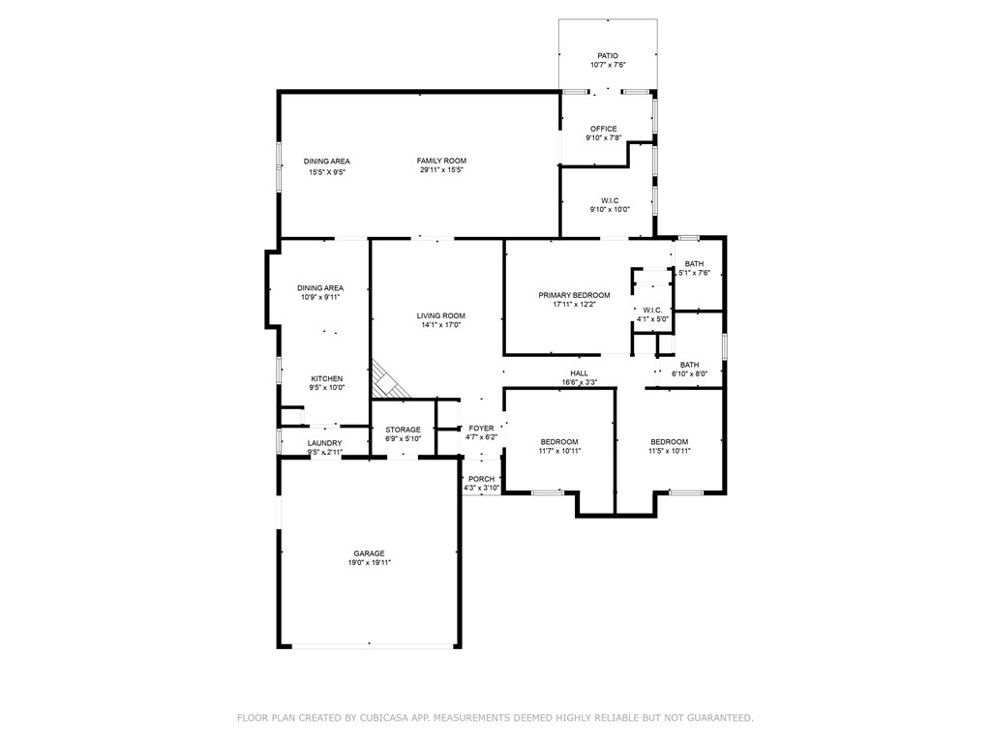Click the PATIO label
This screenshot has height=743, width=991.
[608, 55]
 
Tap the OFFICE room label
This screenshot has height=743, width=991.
[604, 129]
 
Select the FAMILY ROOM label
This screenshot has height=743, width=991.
[441, 162]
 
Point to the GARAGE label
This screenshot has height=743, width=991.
[369, 554]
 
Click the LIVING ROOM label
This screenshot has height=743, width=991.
[440, 316]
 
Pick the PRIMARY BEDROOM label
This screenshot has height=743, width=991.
[574, 295]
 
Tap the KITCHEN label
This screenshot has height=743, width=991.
[327, 379]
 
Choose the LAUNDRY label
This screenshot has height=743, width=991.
[325, 443]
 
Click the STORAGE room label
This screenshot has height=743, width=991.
[404, 430]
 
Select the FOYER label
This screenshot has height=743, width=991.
[481, 429]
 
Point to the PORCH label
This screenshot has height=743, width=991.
[482, 479]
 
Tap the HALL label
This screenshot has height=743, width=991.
[579, 373]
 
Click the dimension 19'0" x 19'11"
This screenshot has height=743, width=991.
[369, 563]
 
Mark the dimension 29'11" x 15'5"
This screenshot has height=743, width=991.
[441, 170]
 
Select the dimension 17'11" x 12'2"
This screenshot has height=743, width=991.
[574, 304]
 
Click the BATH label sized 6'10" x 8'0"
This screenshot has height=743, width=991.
[689, 365]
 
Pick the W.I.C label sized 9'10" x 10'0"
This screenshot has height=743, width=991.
[610, 201]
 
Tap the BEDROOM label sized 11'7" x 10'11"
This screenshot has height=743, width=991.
[559, 441]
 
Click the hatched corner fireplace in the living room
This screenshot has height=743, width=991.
[387, 383]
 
